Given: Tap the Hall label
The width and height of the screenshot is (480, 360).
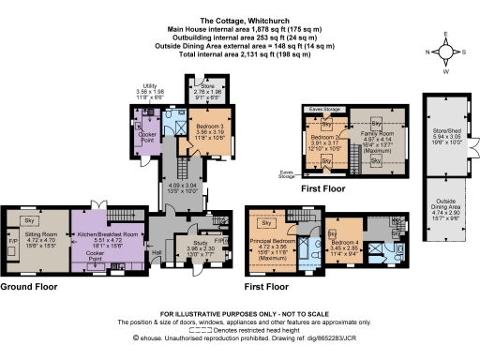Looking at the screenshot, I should pyautogui.click(x=157, y=251).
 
